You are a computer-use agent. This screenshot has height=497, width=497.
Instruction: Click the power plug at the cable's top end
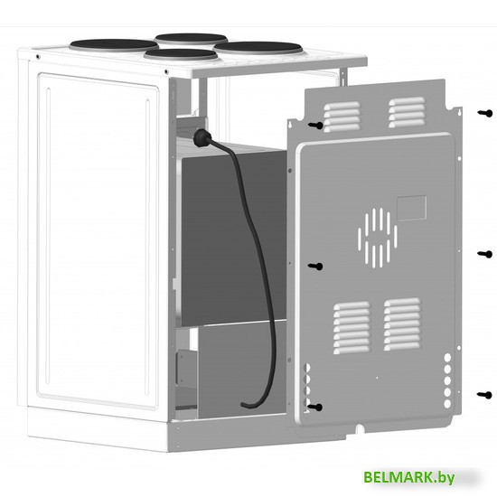coord(202,138)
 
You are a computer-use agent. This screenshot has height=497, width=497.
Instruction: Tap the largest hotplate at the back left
coord(114,45)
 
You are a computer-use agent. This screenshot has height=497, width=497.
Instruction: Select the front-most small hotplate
coord(181,54)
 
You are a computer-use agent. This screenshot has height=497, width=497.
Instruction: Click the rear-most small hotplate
coord(191,38)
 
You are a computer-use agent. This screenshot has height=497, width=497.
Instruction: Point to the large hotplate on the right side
coord(258,48)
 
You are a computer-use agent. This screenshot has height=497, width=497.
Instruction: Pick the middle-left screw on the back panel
coord(315,267)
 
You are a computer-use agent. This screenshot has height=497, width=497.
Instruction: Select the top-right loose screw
coord(485,113)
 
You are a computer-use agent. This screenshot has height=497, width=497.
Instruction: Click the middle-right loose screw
coord(485,254)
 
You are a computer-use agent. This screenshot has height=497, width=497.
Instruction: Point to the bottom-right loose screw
coord(484,395)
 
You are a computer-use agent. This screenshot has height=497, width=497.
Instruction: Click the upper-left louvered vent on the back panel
coord(342,117)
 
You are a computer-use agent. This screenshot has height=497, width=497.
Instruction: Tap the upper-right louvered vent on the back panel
coord(407,112)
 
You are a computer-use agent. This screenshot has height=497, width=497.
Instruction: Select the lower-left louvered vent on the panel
coord(352,327)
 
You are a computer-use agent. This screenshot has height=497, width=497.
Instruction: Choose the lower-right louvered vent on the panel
coord(402,324)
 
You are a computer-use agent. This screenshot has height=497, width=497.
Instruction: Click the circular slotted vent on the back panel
coord(377,238)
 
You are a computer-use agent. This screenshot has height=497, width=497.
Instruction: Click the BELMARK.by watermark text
coord(408,477)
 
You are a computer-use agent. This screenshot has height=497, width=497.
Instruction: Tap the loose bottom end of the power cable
coord(245,405)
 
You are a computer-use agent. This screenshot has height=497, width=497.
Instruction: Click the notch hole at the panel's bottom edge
coord(360,428)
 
